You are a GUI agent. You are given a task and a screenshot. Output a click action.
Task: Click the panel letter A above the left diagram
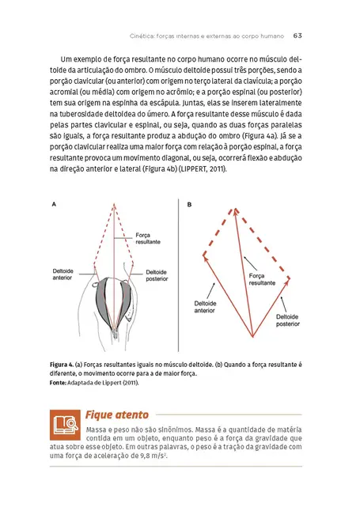[x=53, y=204]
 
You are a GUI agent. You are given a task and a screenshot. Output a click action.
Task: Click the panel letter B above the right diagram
[x=189, y=204]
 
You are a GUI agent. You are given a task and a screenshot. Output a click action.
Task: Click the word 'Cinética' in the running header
[x=142, y=35]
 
